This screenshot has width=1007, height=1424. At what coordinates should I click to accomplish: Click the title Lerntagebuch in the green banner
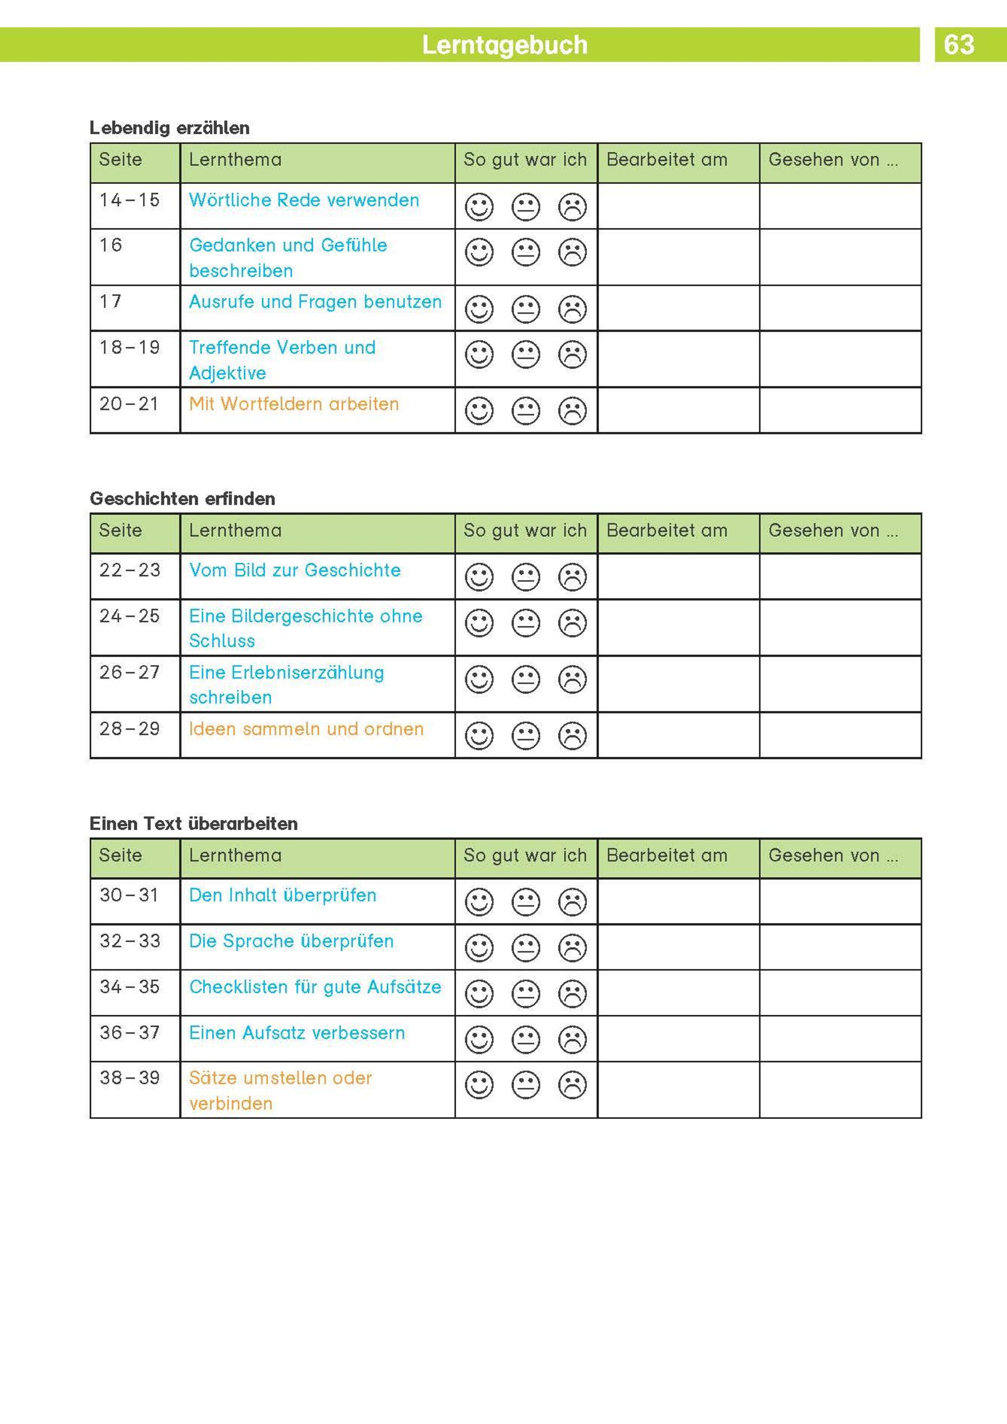coord(504,44)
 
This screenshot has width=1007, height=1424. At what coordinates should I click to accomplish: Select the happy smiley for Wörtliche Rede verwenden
coord(479,207)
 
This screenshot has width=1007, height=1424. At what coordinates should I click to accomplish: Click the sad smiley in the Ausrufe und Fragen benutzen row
coord(572,309)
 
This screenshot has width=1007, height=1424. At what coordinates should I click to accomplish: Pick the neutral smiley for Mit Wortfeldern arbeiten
coord(525,410)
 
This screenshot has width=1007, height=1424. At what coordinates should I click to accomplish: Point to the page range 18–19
coord(130,348)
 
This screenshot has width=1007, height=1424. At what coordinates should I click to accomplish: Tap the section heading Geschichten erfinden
coord(182,499)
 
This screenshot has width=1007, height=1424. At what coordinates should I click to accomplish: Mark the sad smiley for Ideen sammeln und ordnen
coord(572,736)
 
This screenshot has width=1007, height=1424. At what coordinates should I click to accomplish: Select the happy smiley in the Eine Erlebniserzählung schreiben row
coord(479,680)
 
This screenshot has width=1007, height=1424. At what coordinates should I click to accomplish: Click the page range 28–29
coord(130,729)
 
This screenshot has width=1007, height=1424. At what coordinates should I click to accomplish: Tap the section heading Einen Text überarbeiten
coord(193,824)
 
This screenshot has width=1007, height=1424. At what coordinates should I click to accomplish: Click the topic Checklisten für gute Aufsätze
coord(315,987)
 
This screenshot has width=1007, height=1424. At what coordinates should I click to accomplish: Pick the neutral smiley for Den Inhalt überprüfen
coord(525,902)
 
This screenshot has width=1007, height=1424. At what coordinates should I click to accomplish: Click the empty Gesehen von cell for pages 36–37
coord(840,1038)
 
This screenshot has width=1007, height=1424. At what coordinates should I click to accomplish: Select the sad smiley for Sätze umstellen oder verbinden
coord(572,1085)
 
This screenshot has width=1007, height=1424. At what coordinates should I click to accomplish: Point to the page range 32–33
coord(130,941)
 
